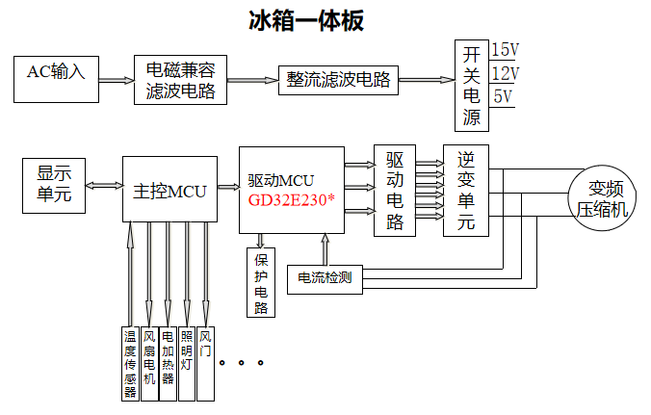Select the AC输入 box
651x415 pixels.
[56, 79]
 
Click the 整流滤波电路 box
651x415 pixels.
[337, 81]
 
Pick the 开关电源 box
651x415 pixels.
[471, 85]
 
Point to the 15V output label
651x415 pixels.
[505, 50]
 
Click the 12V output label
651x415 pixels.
[505, 73]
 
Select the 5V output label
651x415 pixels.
[502, 96]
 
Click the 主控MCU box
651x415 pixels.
[169, 190]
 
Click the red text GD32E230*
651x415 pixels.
[290, 200]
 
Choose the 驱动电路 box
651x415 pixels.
[395, 191]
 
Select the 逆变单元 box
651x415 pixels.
[466, 191]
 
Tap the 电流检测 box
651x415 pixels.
[324, 278]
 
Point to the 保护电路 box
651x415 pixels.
[261, 281]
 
